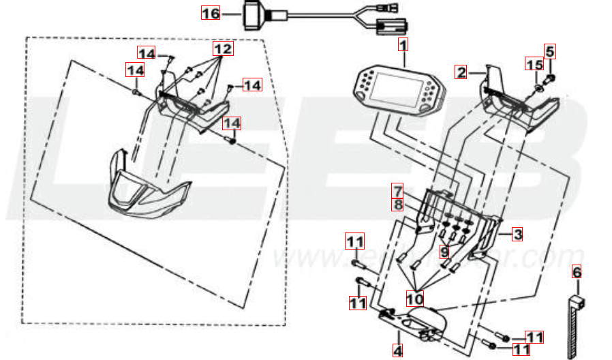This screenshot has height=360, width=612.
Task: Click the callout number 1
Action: (403, 46)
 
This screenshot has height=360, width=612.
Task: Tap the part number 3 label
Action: (518, 235)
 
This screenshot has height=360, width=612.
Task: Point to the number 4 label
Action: (397, 350)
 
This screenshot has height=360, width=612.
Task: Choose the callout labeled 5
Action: (549, 50)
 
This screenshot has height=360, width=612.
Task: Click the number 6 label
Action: (577, 272)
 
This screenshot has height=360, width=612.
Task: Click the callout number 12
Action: (222, 49)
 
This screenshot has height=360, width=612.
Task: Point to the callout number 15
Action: (534, 65)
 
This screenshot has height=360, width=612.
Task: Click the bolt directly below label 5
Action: (552, 78)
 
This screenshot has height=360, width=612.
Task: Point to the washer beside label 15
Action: (538, 88)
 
